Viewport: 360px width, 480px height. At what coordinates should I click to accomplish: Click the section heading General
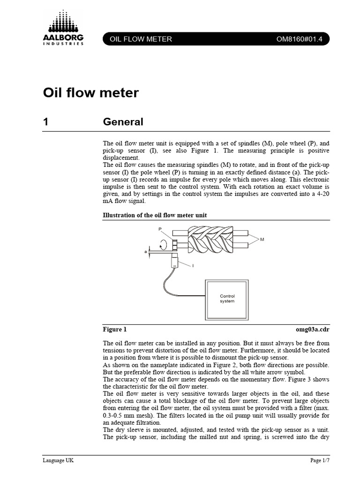123,122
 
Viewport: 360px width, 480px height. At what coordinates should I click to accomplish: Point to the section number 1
46,122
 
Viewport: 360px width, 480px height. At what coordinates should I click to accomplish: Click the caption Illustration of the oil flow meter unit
155,215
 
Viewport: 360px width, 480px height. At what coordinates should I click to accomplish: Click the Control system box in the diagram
227,299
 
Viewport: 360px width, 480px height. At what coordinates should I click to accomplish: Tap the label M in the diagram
262,239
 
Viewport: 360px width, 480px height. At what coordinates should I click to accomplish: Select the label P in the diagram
160,229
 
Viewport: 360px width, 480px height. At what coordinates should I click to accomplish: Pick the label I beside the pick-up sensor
193,266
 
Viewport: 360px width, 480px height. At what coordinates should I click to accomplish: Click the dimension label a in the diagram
146,252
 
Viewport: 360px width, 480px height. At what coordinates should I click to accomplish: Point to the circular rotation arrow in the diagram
164,244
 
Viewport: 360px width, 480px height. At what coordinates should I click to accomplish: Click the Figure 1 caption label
114,330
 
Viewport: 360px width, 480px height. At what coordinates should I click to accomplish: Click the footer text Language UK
58,460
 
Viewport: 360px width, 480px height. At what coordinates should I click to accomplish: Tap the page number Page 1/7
320,460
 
